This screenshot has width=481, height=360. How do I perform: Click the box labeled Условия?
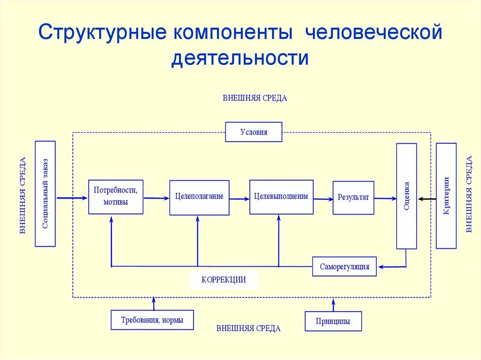[254, 132]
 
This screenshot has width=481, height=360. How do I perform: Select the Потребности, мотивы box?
[116, 197]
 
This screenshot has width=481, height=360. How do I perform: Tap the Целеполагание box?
[199, 197]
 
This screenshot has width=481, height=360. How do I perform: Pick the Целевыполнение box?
[281, 197]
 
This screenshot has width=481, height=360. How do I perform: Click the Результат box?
[353, 198]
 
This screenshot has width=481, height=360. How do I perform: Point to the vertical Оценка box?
[406, 196]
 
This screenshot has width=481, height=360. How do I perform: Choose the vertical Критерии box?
[446, 196]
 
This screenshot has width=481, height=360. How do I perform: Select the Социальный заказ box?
[45, 193]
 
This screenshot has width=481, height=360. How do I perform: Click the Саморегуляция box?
[344, 267]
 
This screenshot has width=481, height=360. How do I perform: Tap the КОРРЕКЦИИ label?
[224, 280]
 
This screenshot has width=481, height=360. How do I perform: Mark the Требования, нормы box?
[152, 320]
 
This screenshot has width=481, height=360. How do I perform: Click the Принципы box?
[333, 322]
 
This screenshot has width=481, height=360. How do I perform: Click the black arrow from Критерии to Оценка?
[427, 199]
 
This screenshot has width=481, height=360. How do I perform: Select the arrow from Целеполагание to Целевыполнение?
[240, 199]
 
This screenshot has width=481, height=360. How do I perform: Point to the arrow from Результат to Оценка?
[385, 199]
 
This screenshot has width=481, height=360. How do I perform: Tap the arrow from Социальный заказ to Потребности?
[72, 199]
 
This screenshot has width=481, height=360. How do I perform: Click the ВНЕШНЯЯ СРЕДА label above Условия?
[255, 99]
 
